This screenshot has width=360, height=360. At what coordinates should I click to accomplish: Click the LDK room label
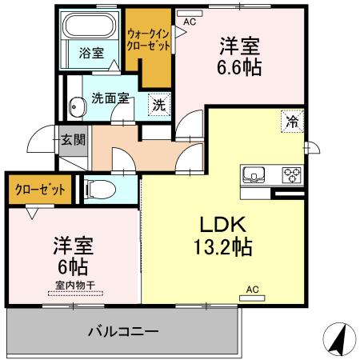(x=222, y=225)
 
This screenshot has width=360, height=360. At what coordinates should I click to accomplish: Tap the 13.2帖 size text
(x=222, y=246)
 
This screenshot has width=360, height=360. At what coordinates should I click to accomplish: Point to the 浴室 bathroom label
(x=90, y=54)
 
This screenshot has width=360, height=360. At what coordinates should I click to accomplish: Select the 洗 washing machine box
(x=158, y=104)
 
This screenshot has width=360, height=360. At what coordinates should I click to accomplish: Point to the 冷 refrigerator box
(x=291, y=122)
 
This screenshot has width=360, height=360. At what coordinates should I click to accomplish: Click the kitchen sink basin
(x=254, y=174)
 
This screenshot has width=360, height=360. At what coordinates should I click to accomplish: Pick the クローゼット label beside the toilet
(x=38, y=190)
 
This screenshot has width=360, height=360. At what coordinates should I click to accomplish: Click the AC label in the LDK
(x=252, y=289)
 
